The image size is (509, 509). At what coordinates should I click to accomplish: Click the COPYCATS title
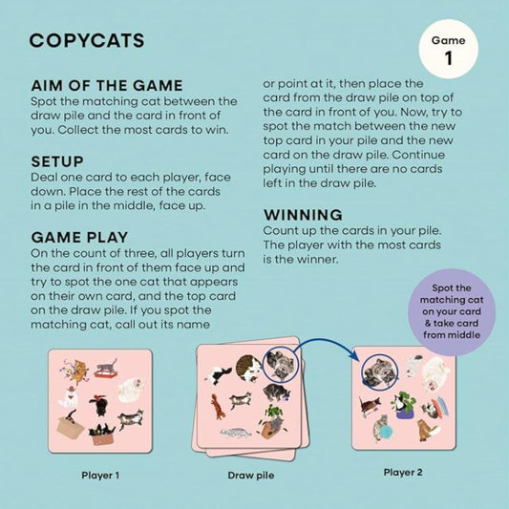coord(87,40)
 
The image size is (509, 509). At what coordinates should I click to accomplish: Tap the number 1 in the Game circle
coord(448,58)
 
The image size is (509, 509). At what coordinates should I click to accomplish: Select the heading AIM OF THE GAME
coord(107,85)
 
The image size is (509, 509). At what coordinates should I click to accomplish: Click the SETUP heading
coord(57,161)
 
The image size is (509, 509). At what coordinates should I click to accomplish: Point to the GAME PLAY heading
coord(79,237)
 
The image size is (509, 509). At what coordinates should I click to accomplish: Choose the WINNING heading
coord(303,215)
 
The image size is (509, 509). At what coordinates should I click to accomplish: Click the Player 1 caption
coord(100,476)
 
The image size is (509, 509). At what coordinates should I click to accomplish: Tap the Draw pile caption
coord(251,476)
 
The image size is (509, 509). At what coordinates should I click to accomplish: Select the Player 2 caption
coord(403,472)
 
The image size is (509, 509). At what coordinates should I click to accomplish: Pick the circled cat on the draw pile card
coord(281,364)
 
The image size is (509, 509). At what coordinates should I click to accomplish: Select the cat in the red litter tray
coord(105,368)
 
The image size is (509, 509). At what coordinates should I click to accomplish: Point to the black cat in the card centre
coord(100,405)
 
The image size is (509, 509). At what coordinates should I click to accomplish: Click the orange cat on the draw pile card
coord(218,406)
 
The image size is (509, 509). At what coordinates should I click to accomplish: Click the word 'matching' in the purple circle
coord(452,300)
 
